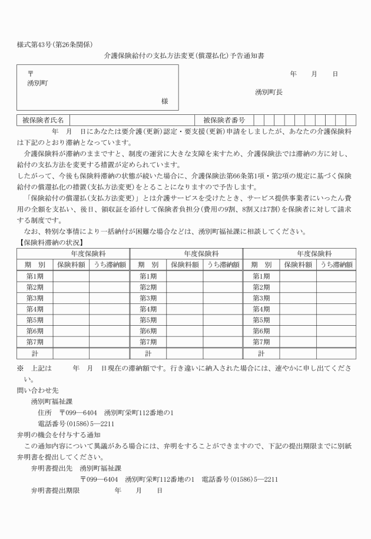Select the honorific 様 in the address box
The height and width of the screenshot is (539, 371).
coord(165,101)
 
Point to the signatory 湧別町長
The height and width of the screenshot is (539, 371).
coord(269,92)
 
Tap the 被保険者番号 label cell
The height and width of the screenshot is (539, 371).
coord(224,120)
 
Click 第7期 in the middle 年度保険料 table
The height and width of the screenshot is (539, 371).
coord(148,342)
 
